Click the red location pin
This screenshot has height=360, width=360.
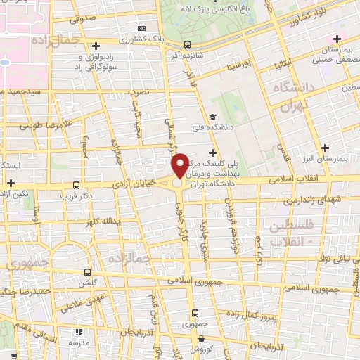click(180, 165)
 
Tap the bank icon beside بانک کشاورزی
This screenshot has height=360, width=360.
click(143, 28)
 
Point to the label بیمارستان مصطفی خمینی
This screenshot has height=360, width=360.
click(335, 56)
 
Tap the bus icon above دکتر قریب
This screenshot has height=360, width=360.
click(76, 186)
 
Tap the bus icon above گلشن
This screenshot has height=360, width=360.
click(87, 271)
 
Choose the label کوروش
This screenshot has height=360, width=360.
click(200, 349)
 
